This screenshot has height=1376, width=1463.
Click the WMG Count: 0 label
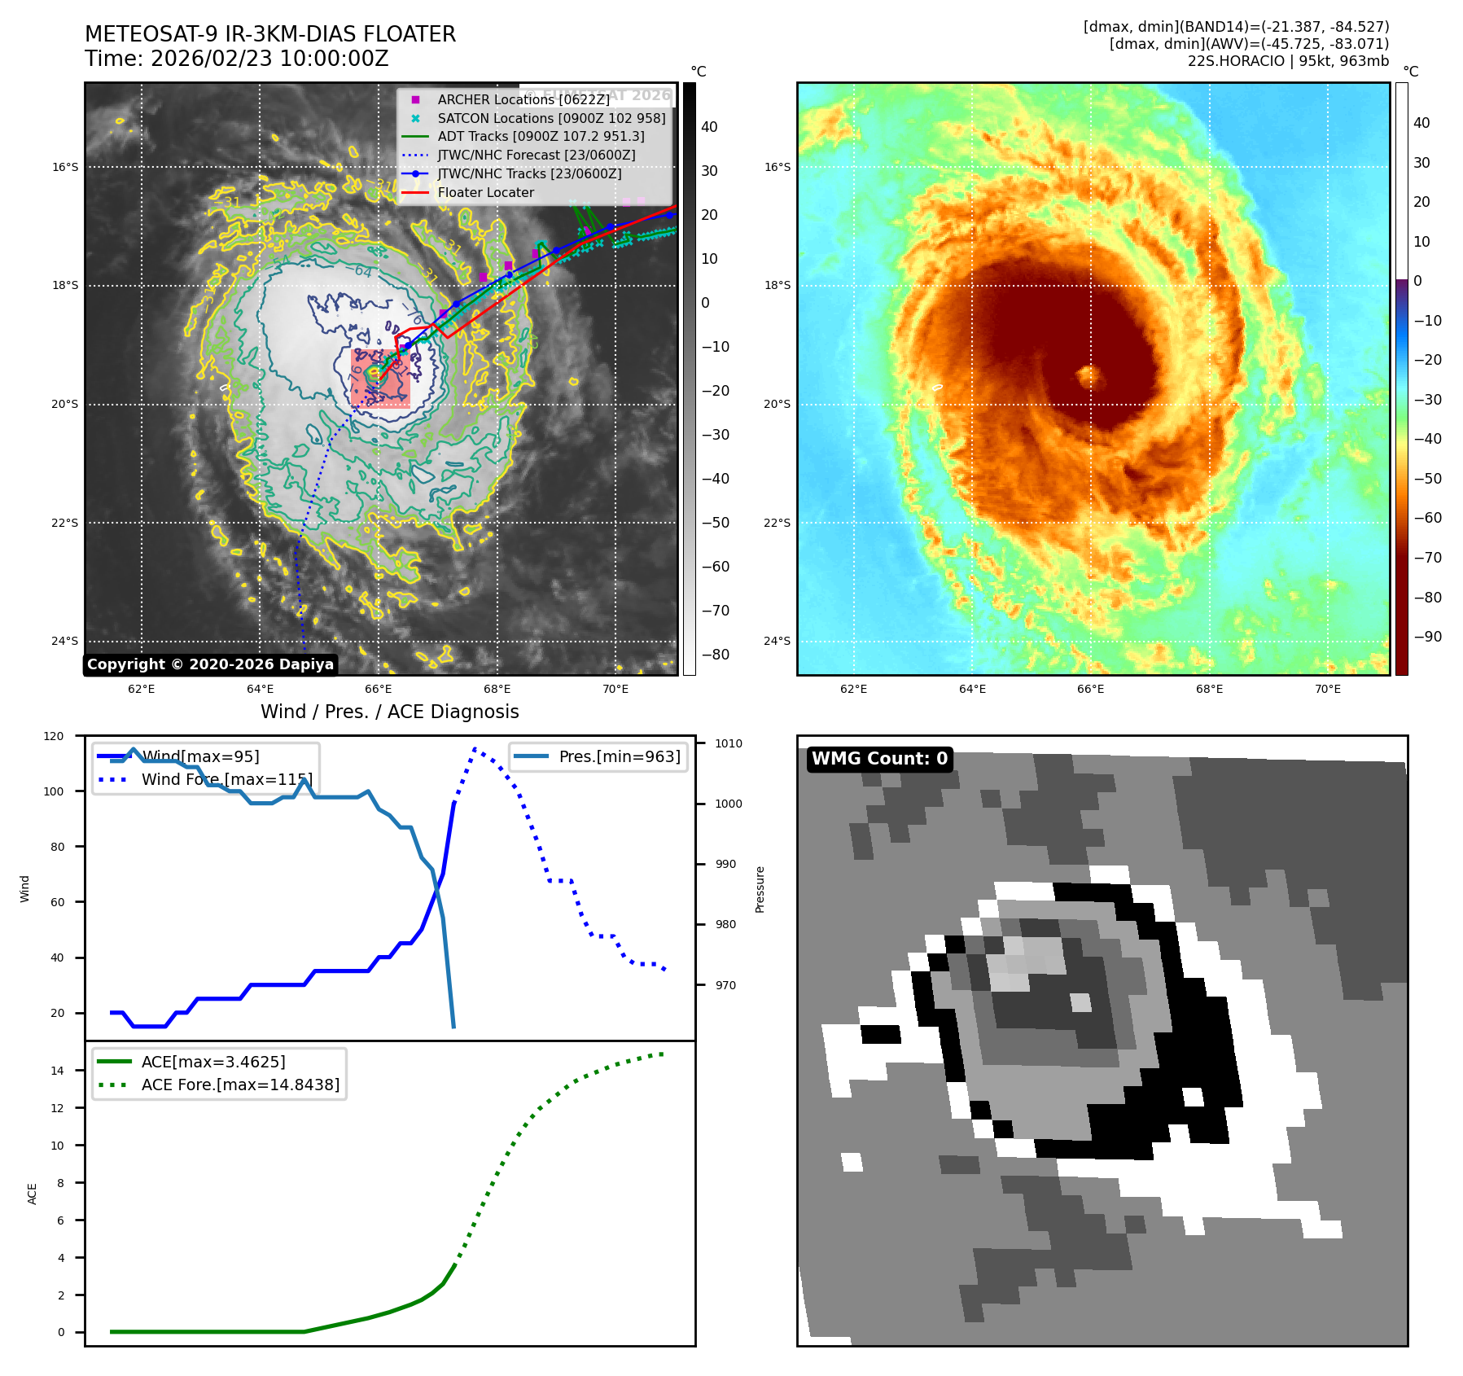pos(879,759)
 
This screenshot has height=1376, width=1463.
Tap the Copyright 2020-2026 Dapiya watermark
pos(210,664)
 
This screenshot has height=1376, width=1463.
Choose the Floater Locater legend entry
pos(485,193)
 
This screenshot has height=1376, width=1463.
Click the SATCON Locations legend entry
pos(551,118)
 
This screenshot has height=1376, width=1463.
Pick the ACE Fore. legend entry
pos(240,1085)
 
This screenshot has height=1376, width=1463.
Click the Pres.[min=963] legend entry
pos(619,756)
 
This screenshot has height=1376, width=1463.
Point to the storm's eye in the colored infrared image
pos(1088,376)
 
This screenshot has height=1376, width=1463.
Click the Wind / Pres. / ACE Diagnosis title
pos(389,712)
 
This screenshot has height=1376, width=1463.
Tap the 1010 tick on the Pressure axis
pos(729,743)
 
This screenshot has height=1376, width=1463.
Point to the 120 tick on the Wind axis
pos(54,736)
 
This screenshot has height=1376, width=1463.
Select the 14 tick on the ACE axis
pos(58,1071)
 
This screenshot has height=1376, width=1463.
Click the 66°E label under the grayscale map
pos(379,689)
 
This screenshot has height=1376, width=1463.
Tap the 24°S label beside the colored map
pos(777,641)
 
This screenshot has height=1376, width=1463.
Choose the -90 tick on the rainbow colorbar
pos(1427,637)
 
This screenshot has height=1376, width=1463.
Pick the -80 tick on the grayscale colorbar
pos(715,655)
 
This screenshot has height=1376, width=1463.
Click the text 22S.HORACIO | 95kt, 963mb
pos(1288,61)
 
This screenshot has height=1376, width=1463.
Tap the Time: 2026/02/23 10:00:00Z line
pos(237,59)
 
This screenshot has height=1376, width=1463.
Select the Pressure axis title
pos(760,889)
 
